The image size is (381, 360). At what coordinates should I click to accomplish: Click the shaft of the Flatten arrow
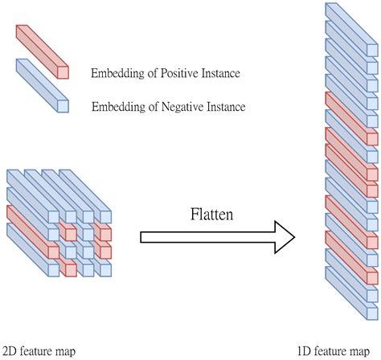click(201, 237)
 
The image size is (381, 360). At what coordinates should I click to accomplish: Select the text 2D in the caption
click(10, 350)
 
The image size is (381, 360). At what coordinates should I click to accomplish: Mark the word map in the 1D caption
click(358, 351)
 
